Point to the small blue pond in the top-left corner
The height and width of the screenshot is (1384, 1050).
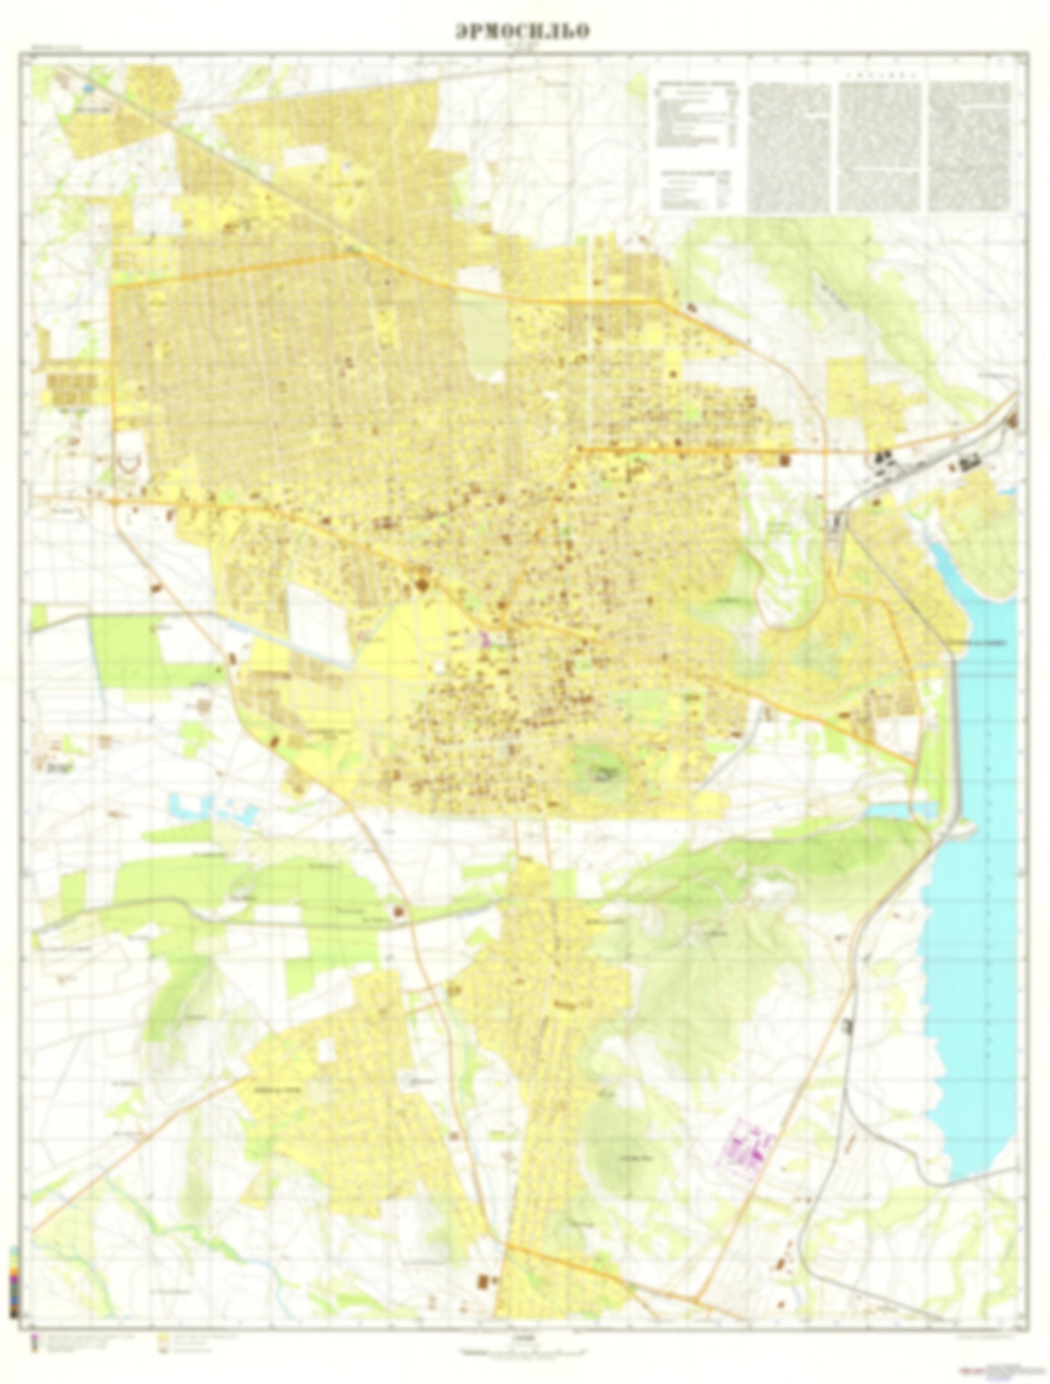tap(89, 88)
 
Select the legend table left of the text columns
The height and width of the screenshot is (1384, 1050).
tap(698, 145)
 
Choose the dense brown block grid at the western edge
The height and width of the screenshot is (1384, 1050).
tap(71, 388)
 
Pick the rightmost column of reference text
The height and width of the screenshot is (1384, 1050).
tap(969, 145)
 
